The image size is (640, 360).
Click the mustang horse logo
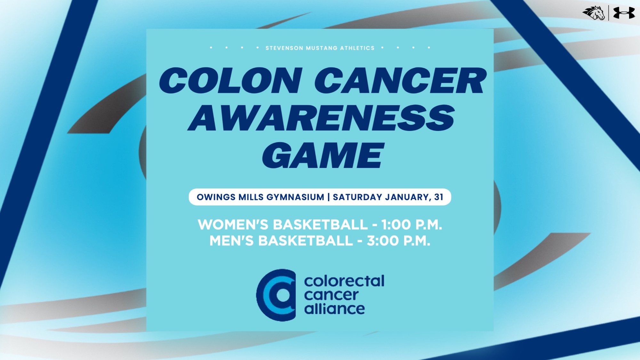tap(594, 13)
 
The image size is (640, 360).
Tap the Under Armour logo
tap(624, 13)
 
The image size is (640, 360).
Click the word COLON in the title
tap(231, 81)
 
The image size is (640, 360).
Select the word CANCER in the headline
tap(400, 81)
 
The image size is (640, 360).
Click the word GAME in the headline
tap(323, 156)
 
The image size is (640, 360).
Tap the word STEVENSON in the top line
tap(284, 48)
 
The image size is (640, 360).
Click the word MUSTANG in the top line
tap(322, 48)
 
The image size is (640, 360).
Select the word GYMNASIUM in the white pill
tap(295, 197)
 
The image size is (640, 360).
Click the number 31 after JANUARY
tap(439, 197)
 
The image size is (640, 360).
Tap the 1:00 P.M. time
tap(412, 225)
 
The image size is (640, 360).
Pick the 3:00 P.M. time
tap(398, 241)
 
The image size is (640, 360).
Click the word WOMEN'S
tap(233, 225)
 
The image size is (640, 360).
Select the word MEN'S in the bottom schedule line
tap(231, 241)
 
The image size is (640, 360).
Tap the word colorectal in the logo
tap(344, 281)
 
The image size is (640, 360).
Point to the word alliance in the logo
tap(334, 309)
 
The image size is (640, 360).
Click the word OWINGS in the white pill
tap(216, 197)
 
